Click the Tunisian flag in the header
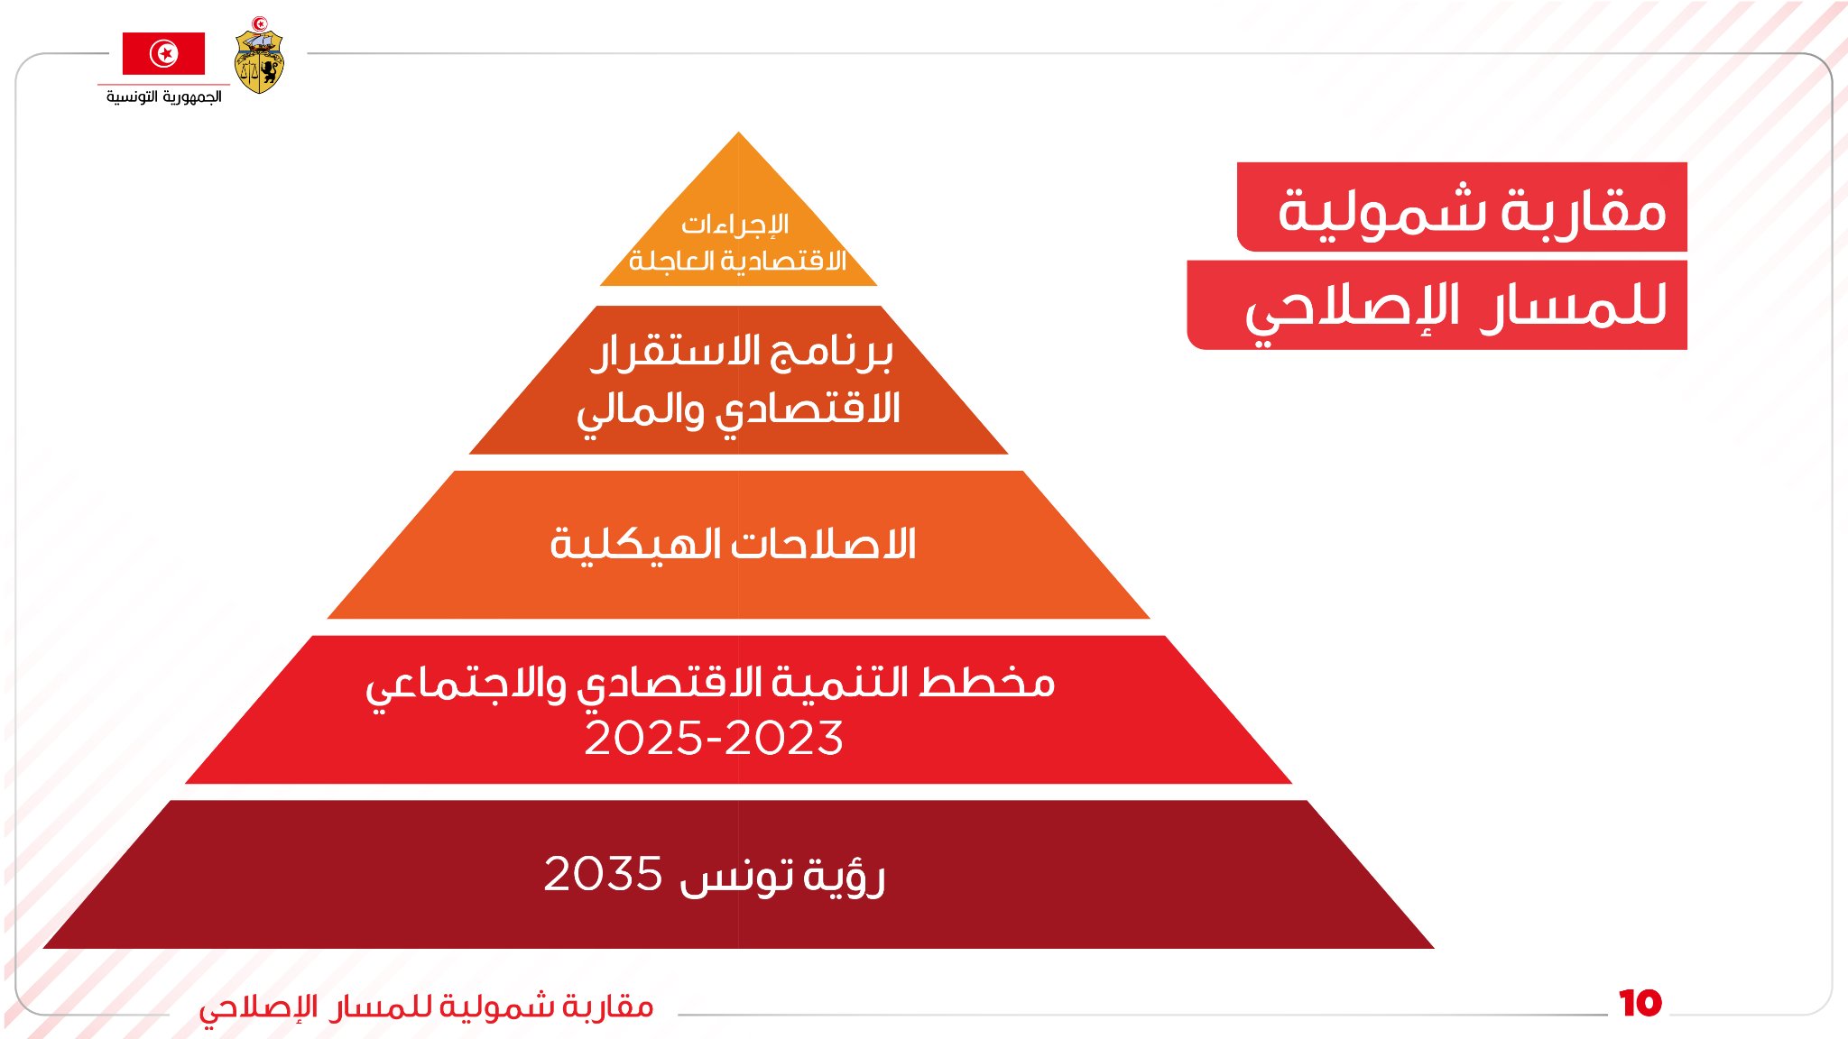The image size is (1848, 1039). tap(163, 53)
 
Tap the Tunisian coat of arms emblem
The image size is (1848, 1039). tap(259, 56)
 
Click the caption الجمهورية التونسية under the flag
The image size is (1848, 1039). tap(163, 97)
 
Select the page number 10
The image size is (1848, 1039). tap(1640, 1003)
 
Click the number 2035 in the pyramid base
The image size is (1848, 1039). tap(603, 874)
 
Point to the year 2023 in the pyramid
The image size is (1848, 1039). tap(784, 738)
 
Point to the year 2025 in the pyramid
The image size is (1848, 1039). tap(643, 738)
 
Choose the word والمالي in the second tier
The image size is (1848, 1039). tap(640, 411)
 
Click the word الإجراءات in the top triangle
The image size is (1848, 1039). tap(735, 225)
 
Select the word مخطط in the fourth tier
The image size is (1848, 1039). tap(987, 683)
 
